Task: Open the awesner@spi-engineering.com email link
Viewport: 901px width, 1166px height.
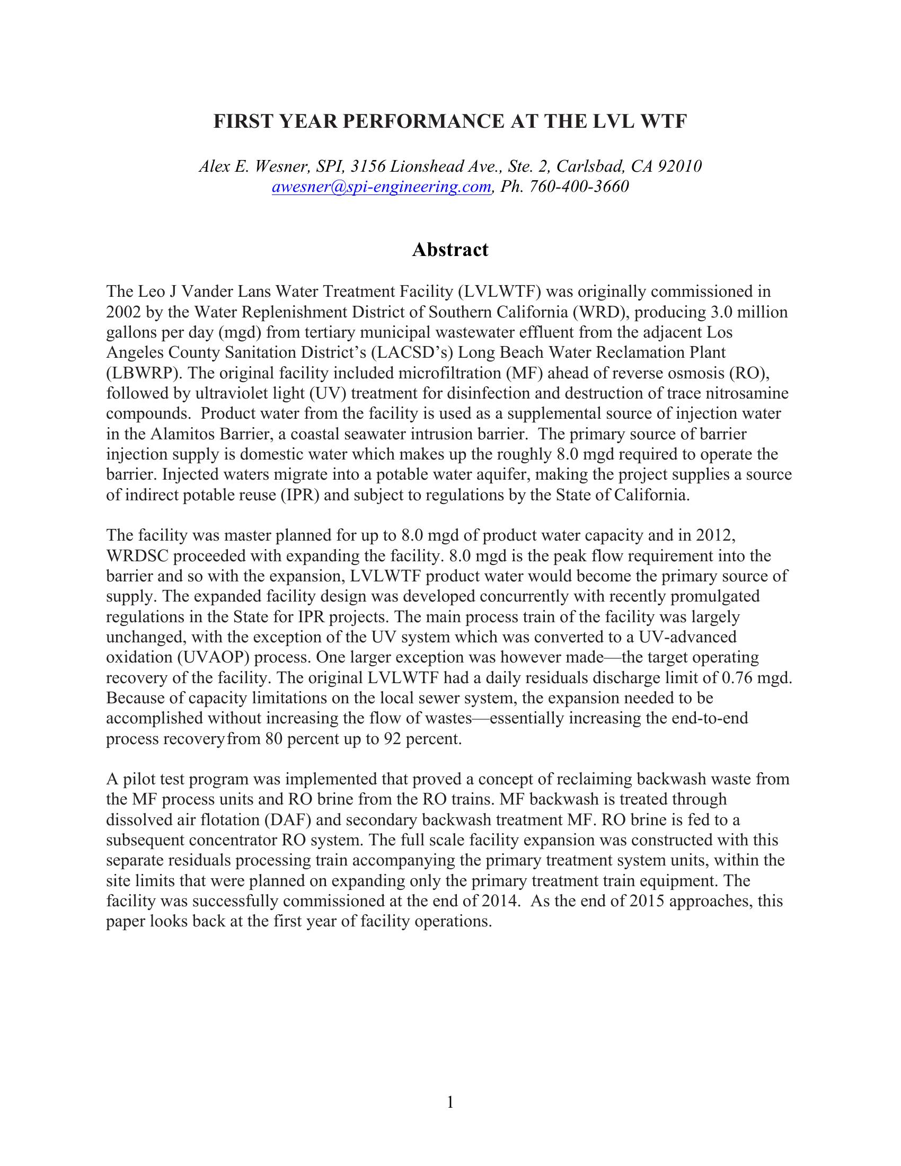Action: (381, 187)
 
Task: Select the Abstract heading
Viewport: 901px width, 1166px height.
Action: (450, 249)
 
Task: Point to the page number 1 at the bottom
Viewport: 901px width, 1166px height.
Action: (450, 1102)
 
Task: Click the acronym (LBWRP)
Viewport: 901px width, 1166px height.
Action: (140, 373)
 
